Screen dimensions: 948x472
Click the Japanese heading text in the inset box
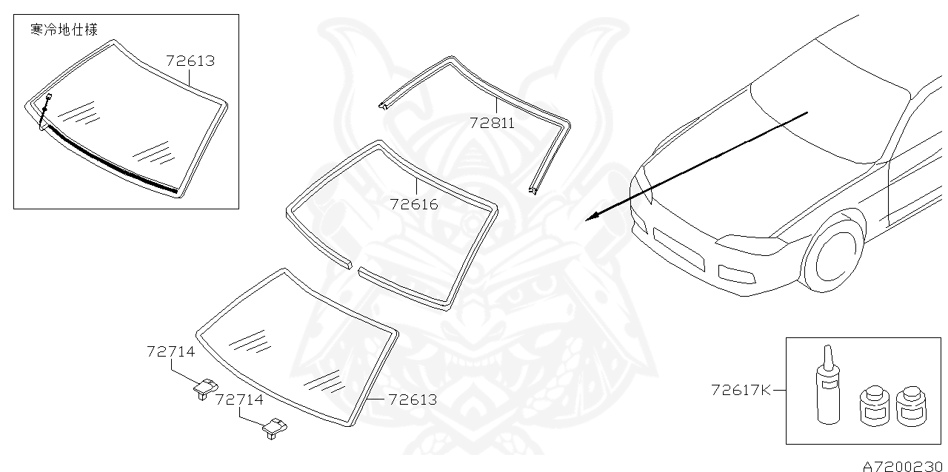[x=64, y=30]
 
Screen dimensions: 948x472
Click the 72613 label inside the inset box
[x=190, y=61]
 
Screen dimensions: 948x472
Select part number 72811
[x=492, y=122]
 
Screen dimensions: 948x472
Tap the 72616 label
[x=415, y=204]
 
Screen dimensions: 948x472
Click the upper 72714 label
[x=171, y=351]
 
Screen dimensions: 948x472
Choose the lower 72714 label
[x=239, y=399]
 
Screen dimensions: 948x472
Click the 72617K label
[x=741, y=389]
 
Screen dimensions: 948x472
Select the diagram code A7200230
[x=904, y=465]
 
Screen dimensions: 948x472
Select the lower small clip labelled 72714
[x=274, y=427]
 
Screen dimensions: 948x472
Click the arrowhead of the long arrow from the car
[x=590, y=218]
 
